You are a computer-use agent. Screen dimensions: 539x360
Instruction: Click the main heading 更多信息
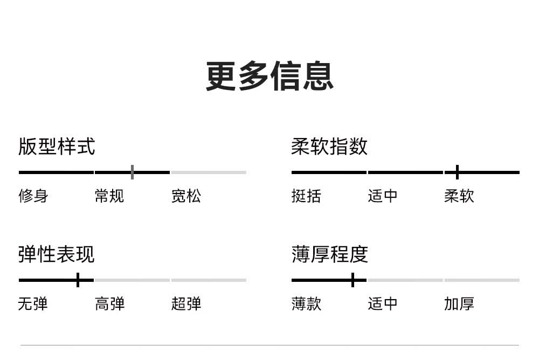[269, 76]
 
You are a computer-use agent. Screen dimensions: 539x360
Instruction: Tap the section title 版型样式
[57, 147]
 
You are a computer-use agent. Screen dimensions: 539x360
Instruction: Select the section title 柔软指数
[329, 147]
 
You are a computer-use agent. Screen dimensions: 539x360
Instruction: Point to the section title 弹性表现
[57, 254]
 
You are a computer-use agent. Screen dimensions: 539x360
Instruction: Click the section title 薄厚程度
[330, 254]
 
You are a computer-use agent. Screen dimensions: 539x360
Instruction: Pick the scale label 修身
[33, 196]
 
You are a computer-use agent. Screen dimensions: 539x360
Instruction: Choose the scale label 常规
[109, 196]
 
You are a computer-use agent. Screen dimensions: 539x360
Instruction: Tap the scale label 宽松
[186, 196]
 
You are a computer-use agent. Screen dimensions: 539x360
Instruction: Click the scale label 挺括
[306, 196]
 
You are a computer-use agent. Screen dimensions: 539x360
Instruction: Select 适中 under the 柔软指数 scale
[383, 196]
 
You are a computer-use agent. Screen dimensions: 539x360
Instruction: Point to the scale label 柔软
[459, 196]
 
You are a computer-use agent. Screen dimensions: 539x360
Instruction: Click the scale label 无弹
[33, 304]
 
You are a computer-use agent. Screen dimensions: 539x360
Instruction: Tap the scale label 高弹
[109, 304]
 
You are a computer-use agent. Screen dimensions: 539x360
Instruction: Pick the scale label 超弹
[186, 304]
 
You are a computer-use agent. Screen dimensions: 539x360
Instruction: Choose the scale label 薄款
[306, 304]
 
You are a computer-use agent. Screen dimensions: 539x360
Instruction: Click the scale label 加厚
[459, 304]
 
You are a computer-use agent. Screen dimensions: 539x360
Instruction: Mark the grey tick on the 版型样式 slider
[133, 172]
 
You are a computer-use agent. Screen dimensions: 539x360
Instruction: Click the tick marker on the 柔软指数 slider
[457, 172]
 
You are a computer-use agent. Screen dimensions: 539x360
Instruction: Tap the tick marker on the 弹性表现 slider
[78, 280]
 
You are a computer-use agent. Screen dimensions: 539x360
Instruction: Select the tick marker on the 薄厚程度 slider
[353, 280]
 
